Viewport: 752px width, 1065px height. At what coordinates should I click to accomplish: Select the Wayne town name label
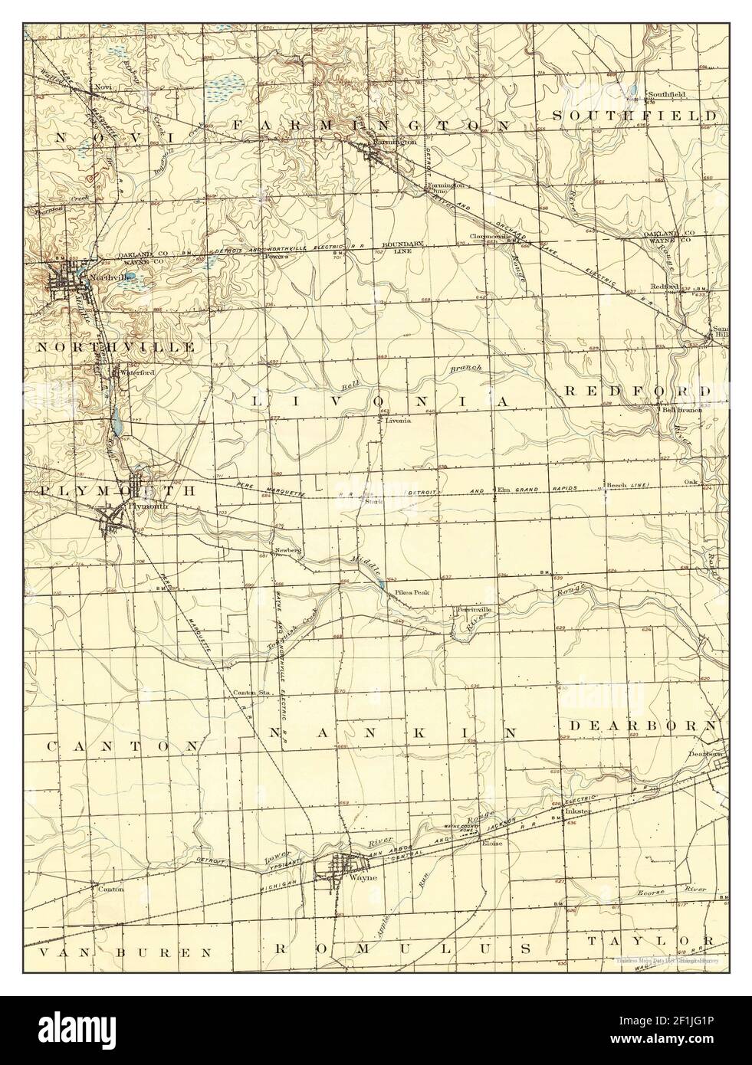[363, 877]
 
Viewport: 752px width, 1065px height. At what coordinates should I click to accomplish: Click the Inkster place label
[576, 811]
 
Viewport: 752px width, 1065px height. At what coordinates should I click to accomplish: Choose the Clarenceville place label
[491, 236]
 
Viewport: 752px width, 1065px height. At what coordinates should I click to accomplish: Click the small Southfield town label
[666, 94]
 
